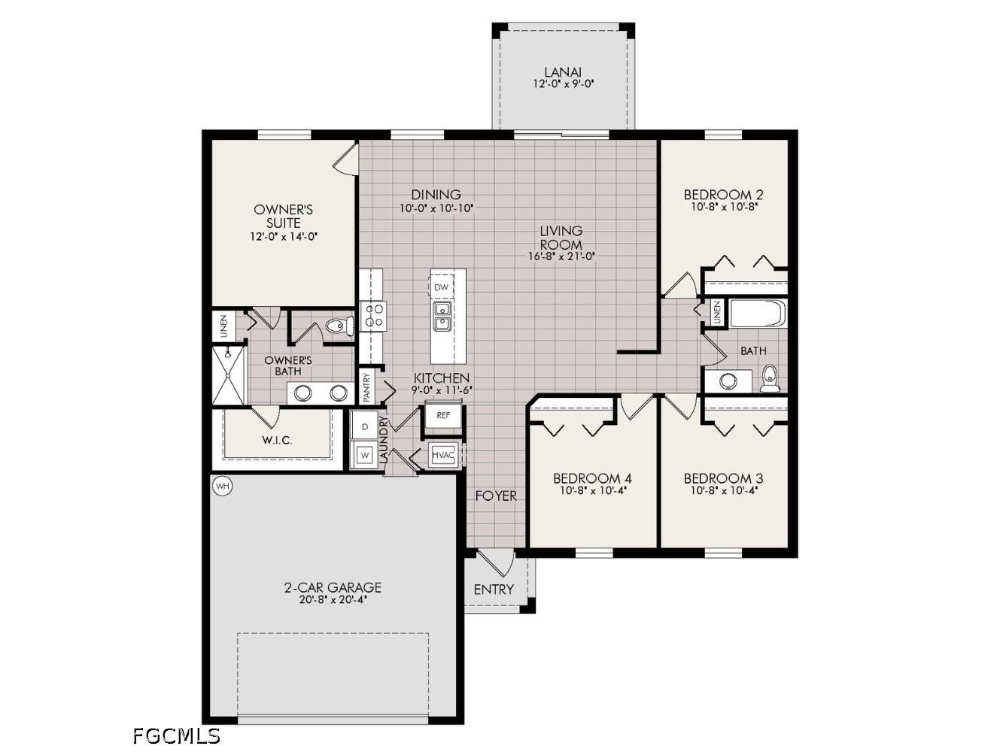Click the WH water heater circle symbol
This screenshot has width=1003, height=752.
coord(222,487)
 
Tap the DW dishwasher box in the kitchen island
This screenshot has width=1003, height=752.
coord(442,287)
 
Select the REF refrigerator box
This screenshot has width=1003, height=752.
coord(443,415)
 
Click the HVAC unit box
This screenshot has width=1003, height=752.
coord(443,455)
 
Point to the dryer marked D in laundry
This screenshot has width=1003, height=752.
coord(365,427)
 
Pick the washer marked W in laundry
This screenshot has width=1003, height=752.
coord(365,455)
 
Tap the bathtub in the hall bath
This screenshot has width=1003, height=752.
coord(757,314)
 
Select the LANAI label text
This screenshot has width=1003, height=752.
coord(563,72)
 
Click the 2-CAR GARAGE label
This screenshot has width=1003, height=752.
coord(333,587)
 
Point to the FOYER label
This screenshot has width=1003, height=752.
coord(496,496)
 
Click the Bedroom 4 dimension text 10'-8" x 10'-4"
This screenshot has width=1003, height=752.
coord(592,490)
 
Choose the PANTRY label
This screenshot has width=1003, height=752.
coord(367,387)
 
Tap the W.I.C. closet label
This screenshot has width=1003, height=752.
coord(277,440)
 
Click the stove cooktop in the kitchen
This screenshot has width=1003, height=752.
coord(372,315)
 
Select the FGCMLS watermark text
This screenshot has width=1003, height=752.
coord(176,735)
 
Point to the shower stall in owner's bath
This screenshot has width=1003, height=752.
coord(229,375)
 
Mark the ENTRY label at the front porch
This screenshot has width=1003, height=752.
coord(494,590)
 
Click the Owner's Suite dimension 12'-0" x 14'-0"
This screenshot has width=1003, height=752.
coord(284,236)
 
